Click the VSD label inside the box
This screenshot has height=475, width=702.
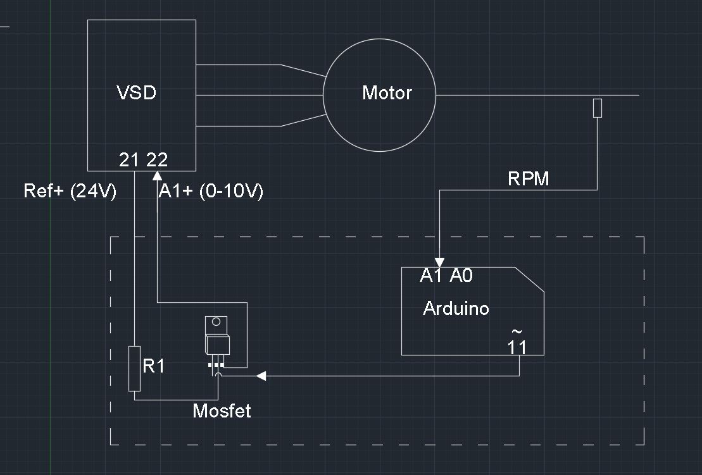point(137,93)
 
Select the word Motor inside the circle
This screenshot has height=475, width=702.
point(387,93)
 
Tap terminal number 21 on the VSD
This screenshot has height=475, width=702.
point(129,161)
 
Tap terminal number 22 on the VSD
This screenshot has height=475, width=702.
point(157,161)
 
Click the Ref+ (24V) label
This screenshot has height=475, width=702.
point(70,191)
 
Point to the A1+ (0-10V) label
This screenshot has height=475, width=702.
point(210,191)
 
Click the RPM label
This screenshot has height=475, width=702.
point(529,179)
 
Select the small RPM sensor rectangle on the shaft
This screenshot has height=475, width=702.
point(597,108)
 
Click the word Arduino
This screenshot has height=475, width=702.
point(456,309)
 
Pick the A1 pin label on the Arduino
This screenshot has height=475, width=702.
point(430,276)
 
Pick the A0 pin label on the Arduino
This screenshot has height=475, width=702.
point(461,276)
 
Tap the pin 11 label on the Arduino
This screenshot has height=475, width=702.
point(517,347)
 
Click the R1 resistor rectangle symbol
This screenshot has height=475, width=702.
point(134,369)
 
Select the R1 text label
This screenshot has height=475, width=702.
point(153,366)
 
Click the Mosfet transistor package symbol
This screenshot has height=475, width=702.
point(216,338)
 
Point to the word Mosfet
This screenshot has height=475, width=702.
point(222,411)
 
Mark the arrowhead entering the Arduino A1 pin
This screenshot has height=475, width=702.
point(439,262)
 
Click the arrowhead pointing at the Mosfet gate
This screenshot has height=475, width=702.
point(260,376)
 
